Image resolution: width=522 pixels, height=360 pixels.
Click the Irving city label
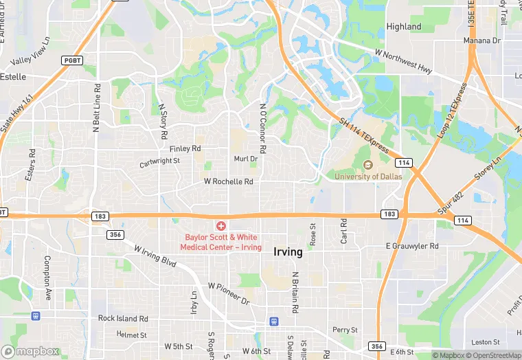click(288, 251)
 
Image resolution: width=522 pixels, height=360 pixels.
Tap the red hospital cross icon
click(221, 226)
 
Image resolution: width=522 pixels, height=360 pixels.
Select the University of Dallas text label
click(368, 177)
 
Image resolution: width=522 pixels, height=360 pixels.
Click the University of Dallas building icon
click(367, 165)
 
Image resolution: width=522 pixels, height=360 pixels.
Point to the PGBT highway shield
click(72, 60)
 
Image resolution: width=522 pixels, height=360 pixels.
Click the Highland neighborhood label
click(404, 27)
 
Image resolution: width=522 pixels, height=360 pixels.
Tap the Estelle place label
click(13, 76)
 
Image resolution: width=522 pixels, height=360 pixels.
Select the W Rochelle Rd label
click(229, 182)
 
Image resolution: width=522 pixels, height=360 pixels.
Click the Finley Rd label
click(185, 148)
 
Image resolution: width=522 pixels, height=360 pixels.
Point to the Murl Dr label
click(245, 159)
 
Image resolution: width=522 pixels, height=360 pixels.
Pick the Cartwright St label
click(159, 162)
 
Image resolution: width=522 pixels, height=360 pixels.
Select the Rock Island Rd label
click(123, 318)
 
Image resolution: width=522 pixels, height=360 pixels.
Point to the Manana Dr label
click(481, 41)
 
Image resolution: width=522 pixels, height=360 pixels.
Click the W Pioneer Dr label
click(229, 293)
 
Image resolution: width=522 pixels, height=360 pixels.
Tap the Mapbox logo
click(31, 351)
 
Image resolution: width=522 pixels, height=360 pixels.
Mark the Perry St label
click(345, 330)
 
